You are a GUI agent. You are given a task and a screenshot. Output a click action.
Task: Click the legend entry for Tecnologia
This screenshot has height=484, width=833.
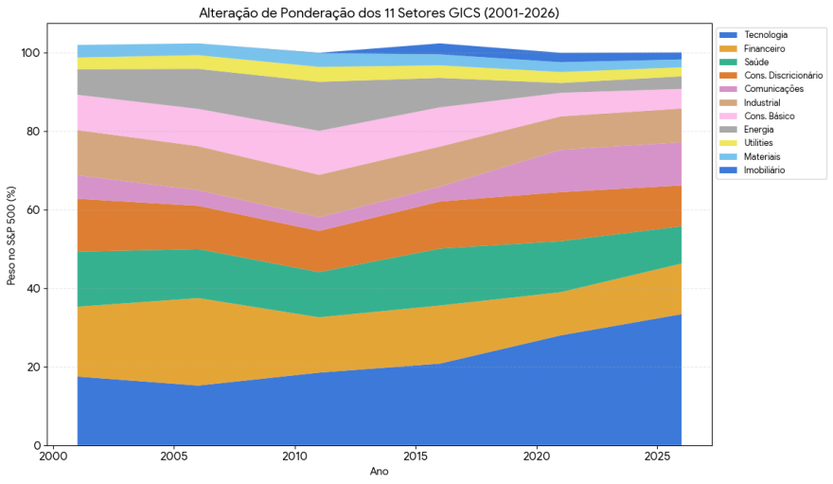766,34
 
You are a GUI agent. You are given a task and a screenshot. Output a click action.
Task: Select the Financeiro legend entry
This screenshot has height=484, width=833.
765,47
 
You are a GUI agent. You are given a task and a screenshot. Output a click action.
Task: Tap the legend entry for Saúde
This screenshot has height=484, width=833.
757,62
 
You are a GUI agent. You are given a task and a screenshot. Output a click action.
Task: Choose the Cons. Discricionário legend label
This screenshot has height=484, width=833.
783,75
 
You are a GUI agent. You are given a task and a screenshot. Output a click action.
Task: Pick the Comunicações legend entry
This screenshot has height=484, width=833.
773,89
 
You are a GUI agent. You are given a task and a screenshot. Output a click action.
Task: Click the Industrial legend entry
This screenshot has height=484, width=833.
763,102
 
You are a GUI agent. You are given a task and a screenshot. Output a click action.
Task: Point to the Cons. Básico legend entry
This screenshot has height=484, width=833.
769,116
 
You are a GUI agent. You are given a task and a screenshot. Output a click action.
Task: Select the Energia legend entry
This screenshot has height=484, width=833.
759,130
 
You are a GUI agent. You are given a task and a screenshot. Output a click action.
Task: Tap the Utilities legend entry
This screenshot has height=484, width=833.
759,143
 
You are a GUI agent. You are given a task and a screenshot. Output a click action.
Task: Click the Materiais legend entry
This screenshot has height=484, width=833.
762,156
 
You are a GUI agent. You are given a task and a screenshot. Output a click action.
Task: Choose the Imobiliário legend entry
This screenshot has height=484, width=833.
765,170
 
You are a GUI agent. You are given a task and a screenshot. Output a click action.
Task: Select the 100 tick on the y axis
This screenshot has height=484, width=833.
30,53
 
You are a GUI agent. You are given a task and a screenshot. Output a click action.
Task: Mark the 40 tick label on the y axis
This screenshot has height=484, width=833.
33,288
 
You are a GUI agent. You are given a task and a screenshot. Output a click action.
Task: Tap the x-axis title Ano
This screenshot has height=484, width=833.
379,472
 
